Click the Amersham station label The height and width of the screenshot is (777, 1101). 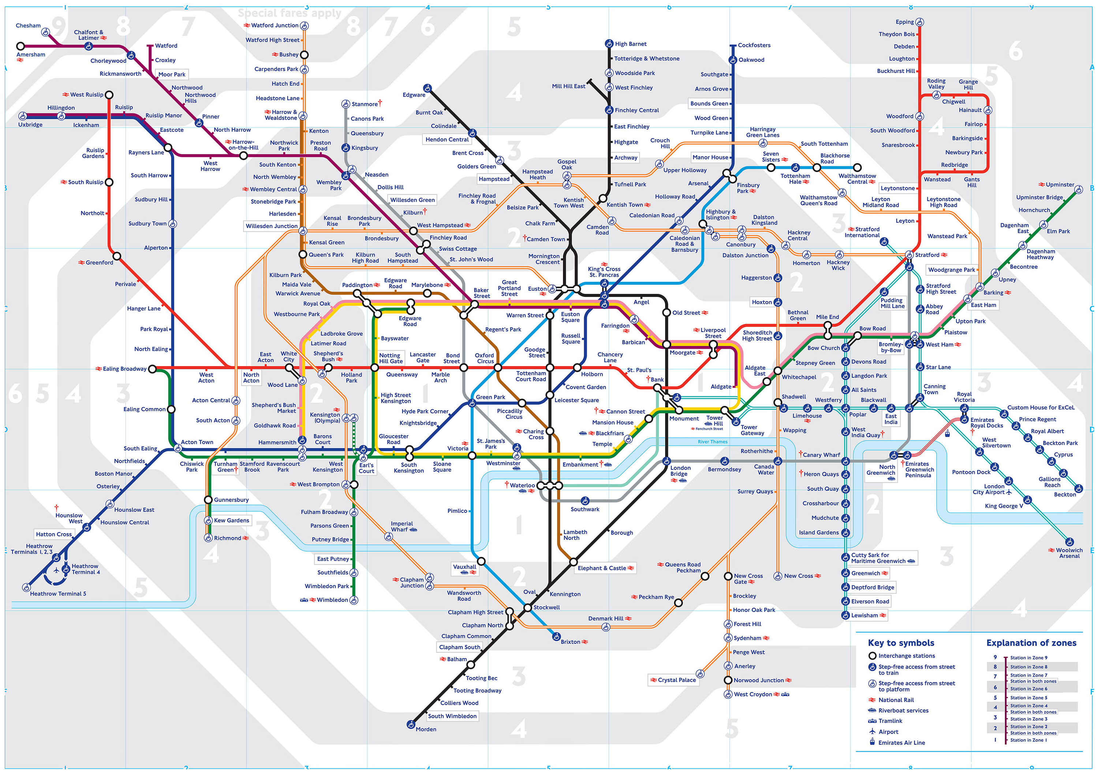click(31, 55)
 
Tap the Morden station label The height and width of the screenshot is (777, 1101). click(426, 729)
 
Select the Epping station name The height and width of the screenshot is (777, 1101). click(904, 22)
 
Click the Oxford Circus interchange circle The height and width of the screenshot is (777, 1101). click(498, 368)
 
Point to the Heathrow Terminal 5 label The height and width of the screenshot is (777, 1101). click(58, 594)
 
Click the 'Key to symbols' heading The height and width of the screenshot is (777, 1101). click(900, 643)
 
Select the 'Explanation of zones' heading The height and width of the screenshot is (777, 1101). click(1031, 643)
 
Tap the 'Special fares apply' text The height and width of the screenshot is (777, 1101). click(290, 13)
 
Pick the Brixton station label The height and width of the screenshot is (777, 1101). click(570, 642)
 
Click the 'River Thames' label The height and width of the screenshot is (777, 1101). click(712, 442)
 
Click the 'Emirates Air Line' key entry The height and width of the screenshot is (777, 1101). click(902, 743)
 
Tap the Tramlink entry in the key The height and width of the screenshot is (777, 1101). click(890, 721)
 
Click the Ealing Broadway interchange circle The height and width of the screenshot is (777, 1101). click(153, 369)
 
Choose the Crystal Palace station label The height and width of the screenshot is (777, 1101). click(677, 680)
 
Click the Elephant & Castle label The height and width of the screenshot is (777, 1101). click(602, 568)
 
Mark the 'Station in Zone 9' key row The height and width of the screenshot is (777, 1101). click(1028, 658)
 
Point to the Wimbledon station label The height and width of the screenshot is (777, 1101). click(332, 600)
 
